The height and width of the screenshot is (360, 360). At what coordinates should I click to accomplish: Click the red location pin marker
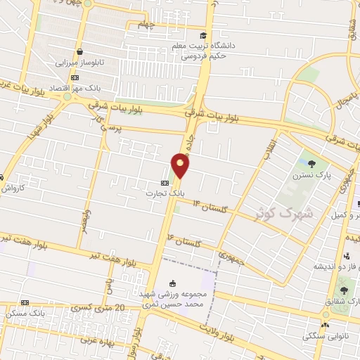(x=181, y=166)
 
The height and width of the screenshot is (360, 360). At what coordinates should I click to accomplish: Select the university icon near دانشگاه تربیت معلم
(x=202, y=36)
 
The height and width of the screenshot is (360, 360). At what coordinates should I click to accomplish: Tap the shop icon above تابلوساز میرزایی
(x=81, y=52)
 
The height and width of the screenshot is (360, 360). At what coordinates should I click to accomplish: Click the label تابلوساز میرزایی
(x=80, y=63)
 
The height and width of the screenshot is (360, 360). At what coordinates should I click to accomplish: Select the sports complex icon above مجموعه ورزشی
(x=172, y=283)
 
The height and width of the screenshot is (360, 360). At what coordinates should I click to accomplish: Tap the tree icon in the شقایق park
(x=343, y=290)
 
